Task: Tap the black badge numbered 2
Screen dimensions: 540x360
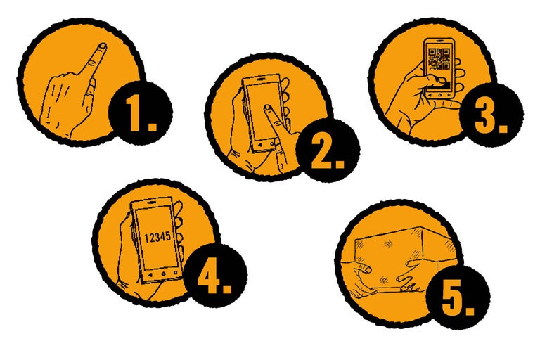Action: tap(328, 150)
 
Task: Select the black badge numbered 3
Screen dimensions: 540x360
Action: tap(491, 115)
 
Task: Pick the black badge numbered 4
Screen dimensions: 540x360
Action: tap(215, 276)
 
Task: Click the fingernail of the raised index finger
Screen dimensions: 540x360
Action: tap(102, 46)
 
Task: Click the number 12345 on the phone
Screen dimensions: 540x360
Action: tap(157, 238)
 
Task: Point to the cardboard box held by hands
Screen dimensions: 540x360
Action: tap(406, 258)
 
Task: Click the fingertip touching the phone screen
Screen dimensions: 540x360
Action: tap(269, 110)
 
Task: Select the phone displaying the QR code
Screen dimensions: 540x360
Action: tap(439, 69)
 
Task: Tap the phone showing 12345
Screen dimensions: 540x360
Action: tap(157, 240)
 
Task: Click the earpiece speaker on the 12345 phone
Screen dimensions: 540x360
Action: tap(151, 203)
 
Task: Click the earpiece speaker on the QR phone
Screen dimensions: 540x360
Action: tap(439, 40)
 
